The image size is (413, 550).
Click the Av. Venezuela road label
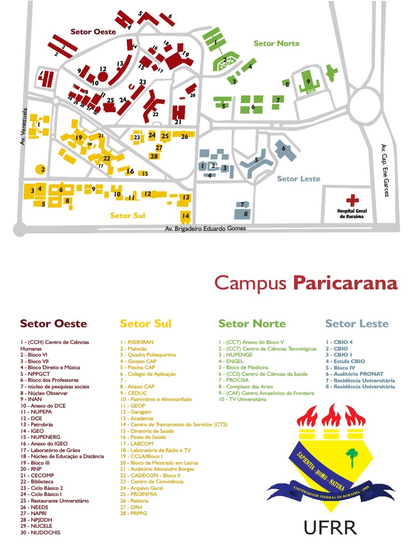(x=23, y=127)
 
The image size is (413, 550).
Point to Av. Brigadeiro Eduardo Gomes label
(x=205, y=228)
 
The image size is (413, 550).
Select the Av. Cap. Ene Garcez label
(x=384, y=170)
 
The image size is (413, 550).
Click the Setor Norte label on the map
(x=276, y=44)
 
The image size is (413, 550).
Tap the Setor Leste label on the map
(x=298, y=179)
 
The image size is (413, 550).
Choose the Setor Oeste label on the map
(x=93, y=32)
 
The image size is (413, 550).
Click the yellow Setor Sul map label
(x=127, y=215)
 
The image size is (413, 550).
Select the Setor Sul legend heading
(x=145, y=323)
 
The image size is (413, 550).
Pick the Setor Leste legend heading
(x=357, y=323)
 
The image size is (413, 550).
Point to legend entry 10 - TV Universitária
(x=242, y=400)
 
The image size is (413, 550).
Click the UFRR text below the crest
(x=330, y=528)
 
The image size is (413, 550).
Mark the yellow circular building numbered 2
(x=41, y=169)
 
